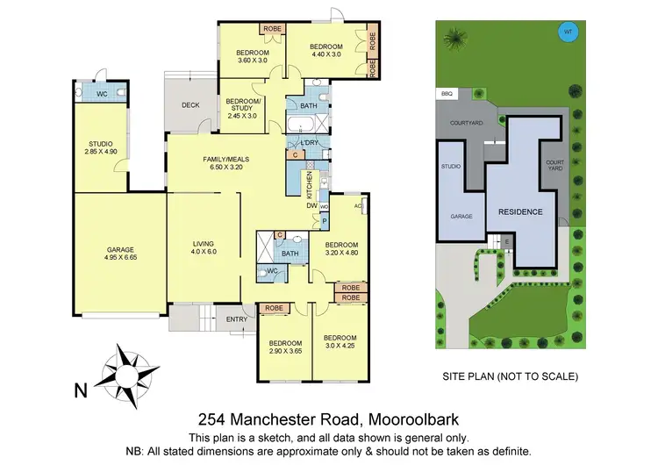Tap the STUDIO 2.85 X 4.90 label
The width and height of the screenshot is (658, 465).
point(101,147)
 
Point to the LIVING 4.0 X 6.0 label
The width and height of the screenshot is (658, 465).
point(204,247)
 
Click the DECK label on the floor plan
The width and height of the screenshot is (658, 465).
point(190,106)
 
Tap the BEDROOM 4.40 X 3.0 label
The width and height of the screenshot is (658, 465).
point(324,51)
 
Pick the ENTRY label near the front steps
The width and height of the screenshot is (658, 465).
point(236,318)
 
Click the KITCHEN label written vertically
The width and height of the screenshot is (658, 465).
point(309,185)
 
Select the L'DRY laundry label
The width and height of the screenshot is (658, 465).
point(309,143)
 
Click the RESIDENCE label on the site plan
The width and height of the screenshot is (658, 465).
point(520,212)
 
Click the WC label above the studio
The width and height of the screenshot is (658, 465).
point(101,92)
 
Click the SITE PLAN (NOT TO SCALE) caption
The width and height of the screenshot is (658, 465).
point(510,376)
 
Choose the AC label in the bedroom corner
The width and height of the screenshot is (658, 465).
point(358,206)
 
